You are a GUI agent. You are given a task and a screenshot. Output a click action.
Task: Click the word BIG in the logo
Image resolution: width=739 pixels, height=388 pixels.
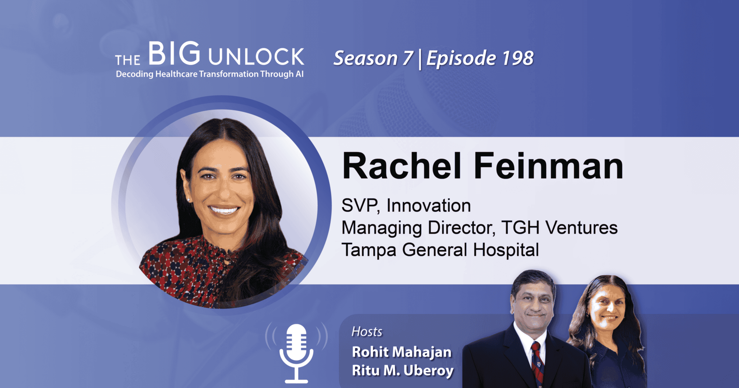(174, 54)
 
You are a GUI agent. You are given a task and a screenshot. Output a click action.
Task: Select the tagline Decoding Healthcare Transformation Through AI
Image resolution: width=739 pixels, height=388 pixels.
(210, 74)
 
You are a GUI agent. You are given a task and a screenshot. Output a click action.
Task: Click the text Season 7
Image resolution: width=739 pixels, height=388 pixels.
(373, 58)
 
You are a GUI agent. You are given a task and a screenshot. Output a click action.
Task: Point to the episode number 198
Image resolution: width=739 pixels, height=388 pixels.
(518, 58)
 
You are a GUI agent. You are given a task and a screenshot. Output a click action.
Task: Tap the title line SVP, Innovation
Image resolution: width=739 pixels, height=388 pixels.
(406, 205)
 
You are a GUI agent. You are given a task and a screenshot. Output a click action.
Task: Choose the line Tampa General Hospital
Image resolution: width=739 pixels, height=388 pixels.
(440, 250)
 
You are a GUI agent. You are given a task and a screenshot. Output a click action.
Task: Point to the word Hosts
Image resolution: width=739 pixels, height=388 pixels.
(367, 332)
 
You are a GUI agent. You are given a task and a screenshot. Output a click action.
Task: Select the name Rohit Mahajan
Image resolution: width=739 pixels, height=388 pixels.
(402, 352)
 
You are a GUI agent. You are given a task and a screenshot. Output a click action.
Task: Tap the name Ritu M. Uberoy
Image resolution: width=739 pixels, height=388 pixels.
(403, 371)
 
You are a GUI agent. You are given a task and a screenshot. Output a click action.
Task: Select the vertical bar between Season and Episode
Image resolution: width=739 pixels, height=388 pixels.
(420, 59)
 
